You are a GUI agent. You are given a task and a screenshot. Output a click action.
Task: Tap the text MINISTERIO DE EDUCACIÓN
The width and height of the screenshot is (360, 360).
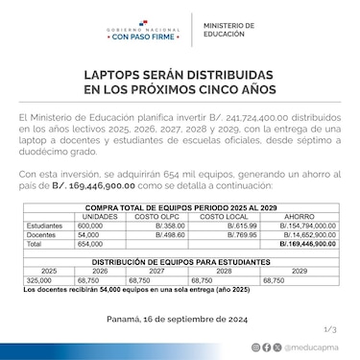230,29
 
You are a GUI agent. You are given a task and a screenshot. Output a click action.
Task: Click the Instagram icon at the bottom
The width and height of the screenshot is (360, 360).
255,348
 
